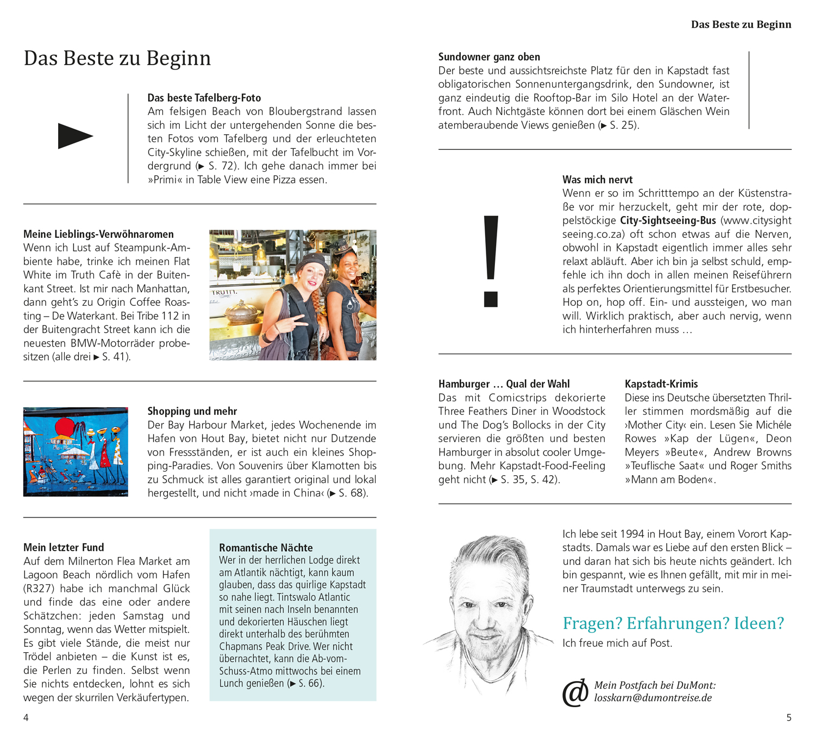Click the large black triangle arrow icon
[x=74, y=136]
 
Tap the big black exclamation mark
[x=491, y=261]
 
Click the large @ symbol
[x=575, y=692]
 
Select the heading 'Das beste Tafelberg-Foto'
[x=204, y=98]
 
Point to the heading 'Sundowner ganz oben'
[x=489, y=57]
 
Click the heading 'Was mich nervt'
[x=597, y=180]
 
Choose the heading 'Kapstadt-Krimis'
[x=661, y=384]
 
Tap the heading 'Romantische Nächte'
[x=266, y=547]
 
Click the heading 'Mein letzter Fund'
[x=64, y=547]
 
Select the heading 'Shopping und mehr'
[x=192, y=411]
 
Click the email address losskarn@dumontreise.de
[x=653, y=698]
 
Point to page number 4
[x=26, y=717]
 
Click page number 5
[x=789, y=717]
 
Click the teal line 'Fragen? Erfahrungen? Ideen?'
[x=673, y=623]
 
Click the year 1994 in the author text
[x=632, y=534]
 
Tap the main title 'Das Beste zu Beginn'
[x=117, y=58]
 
